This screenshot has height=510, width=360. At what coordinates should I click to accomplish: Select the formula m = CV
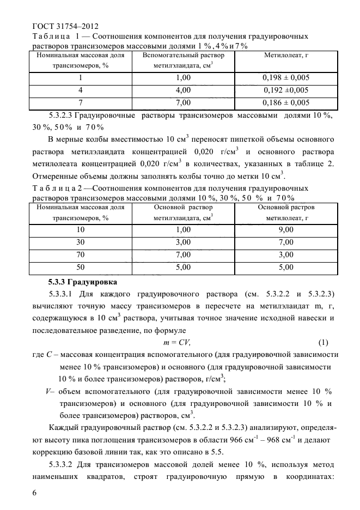177,342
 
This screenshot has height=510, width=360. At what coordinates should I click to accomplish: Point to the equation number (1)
324,342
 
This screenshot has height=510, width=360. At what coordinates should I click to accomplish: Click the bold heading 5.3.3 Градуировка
82,282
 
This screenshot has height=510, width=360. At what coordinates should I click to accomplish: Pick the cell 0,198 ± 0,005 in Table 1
286,77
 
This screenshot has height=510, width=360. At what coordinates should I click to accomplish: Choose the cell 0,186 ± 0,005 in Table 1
286,102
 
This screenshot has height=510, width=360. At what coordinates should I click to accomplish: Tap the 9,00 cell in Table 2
286,230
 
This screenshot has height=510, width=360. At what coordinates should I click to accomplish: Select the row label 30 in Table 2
81,242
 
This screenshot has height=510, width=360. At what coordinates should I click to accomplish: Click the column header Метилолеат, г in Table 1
286,56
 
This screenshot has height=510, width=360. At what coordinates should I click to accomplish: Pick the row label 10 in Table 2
81,230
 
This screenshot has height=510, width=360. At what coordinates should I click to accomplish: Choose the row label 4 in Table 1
81,90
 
